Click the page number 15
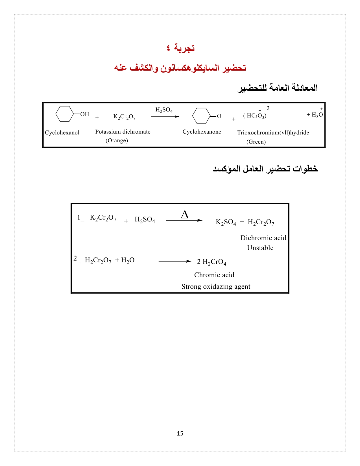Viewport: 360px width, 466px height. click(x=180, y=433)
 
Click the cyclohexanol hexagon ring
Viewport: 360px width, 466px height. click(x=64, y=114)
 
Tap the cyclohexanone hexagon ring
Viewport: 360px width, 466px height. click(x=201, y=116)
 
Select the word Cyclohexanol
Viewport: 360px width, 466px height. click(x=62, y=132)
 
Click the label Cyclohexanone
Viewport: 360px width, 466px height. click(x=202, y=132)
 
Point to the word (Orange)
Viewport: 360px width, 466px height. click(x=117, y=140)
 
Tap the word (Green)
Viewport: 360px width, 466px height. click(x=256, y=142)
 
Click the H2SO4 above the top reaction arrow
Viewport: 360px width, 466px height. click(x=164, y=110)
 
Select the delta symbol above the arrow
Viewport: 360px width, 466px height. click(x=185, y=215)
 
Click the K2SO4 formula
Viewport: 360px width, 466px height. click(x=226, y=222)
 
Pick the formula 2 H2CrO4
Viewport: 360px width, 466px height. click(x=211, y=262)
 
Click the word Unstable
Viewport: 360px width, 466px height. click(x=260, y=248)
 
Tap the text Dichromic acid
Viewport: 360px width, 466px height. click(x=263, y=238)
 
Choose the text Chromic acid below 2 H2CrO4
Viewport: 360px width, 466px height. click(x=214, y=275)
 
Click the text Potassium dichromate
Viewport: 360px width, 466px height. click(x=123, y=132)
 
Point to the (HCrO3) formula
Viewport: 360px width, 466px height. click(x=255, y=116)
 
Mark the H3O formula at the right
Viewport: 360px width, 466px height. click(x=317, y=115)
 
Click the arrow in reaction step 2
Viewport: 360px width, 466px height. click(x=175, y=261)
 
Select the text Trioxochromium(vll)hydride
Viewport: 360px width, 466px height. click(x=273, y=132)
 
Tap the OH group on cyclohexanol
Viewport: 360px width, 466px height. click(x=84, y=114)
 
